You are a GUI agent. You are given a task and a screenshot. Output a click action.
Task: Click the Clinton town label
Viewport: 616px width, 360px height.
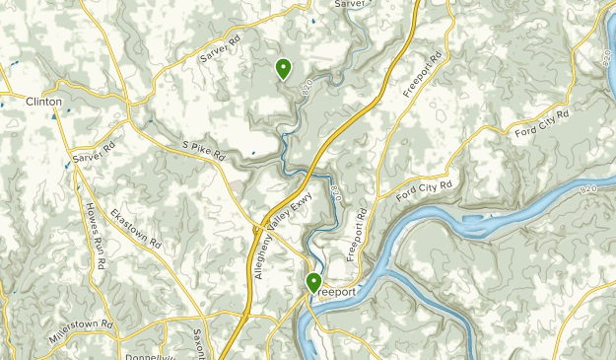tap(44, 102)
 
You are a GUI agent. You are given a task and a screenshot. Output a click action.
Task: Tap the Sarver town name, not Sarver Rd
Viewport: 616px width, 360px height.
tap(350, 4)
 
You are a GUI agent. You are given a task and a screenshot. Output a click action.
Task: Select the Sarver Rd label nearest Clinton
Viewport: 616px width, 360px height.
tap(95, 157)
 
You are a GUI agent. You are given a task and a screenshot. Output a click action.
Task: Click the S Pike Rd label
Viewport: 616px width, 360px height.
tap(204, 150)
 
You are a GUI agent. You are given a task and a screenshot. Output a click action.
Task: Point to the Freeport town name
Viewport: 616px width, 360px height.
tap(335, 292)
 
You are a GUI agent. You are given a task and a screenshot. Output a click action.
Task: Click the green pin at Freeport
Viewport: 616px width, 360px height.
tap(314, 283)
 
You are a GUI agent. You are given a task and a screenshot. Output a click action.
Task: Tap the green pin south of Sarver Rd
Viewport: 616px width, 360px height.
tap(283, 68)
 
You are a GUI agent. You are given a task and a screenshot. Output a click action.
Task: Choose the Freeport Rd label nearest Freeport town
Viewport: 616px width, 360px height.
tap(360, 233)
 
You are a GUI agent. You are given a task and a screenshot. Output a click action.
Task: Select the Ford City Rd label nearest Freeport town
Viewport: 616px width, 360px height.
tap(425, 187)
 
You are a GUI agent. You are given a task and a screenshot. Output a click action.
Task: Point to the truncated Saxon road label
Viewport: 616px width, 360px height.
tap(197, 341)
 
